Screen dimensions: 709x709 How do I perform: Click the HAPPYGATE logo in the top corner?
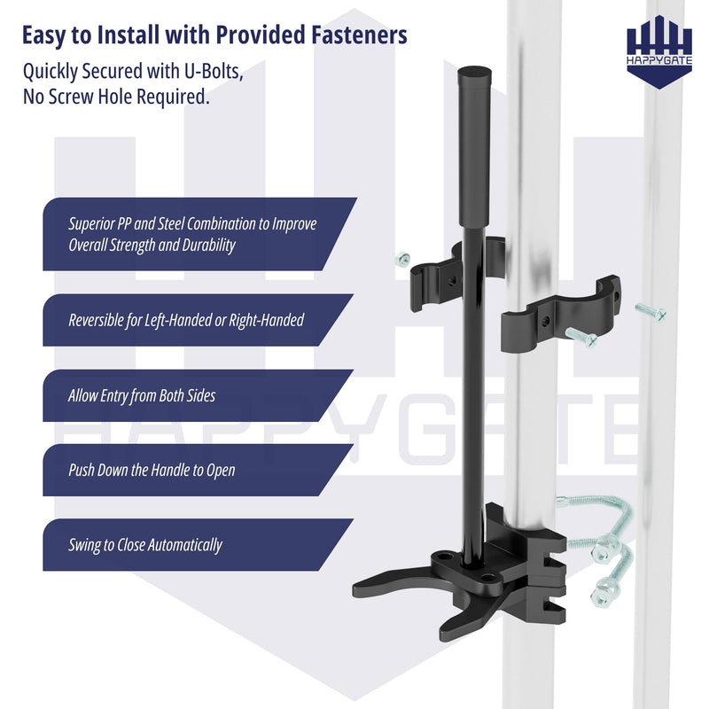(x=659, y=51)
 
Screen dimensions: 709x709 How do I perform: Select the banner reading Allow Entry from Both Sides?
(x=198, y=395)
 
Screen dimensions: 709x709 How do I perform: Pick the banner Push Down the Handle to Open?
(x=198, y=470)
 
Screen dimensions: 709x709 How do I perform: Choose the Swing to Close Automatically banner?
(x=198, y=544)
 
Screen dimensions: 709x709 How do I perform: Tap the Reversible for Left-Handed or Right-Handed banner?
(x=198, y=320)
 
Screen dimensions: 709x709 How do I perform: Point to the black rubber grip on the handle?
(x=474, y=148)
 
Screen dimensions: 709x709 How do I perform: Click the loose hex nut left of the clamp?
(x=402, y=259)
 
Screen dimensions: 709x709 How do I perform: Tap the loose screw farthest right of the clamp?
(x=651, y=312)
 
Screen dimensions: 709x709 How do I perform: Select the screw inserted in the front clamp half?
(x=581, y=337)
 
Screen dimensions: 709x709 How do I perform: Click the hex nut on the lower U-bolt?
(x=602, y=594)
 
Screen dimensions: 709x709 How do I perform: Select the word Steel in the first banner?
(x=171, y=223)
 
